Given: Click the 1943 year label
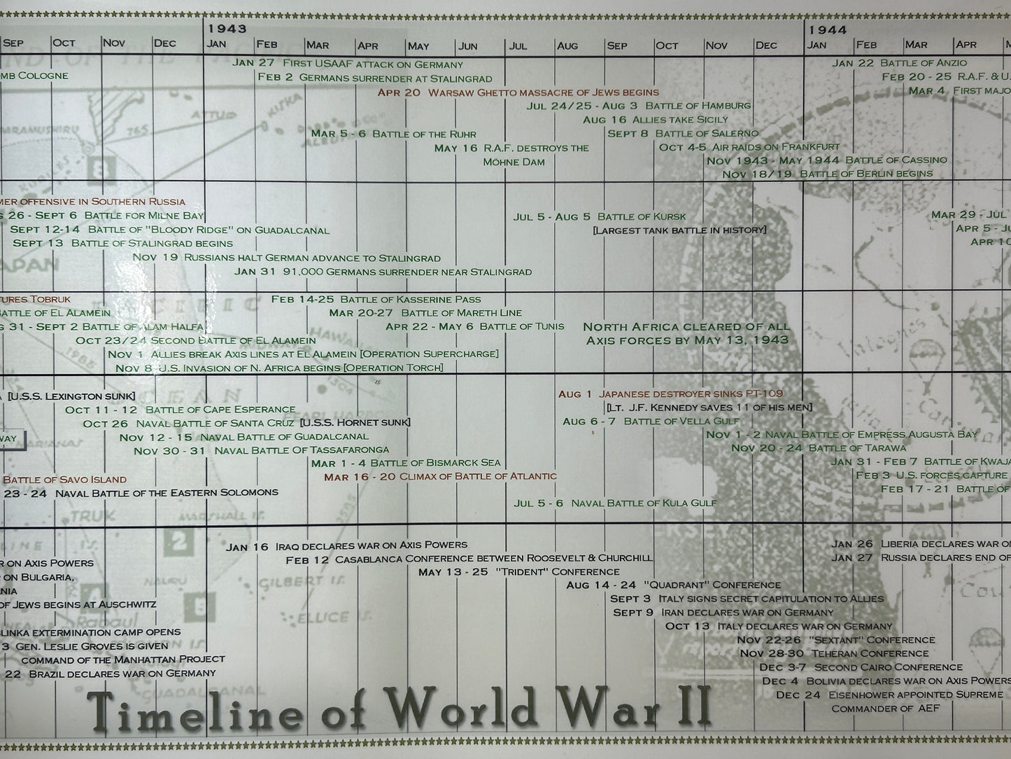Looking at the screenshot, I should pyautogui.click(x=227, y=29).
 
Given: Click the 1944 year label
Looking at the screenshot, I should pyautogui.click(x=828, y=29).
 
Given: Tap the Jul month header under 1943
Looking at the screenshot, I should pyautogui.click(x=518, y=46).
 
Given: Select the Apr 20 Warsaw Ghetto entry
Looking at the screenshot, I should pyautogui.click(x=518, y=92).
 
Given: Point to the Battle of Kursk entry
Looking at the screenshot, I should pyautogui.click(x=600, y=216).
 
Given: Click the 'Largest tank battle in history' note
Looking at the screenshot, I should pyautogui.click(x=679, y=230).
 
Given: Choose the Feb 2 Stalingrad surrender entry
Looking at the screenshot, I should pyautogui.click(x=374, y=78).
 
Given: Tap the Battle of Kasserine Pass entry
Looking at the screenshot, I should pyautogui.click(x=376, y=299).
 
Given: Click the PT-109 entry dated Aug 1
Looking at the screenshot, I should pyautogui.click(x=670, y=394).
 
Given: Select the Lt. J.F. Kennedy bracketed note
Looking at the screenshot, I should pyautogui.click(x=709, y=408).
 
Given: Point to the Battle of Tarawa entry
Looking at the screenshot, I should pyautogui.click(x=819, y=448).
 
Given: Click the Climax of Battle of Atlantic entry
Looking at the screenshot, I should pyautogui.click(x=440, y=476).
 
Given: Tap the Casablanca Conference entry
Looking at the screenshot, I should pyautogui.click(x=469, y=559).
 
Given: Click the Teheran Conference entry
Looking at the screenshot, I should pyautogui.click(x=833, y=653).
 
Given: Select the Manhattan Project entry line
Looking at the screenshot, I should pyautogui.click(x=123, y=659).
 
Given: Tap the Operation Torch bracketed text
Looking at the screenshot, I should pyautogui.click(x=394, y=368).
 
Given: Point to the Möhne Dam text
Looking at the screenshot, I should pyautogui.click(x=514, y=162).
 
